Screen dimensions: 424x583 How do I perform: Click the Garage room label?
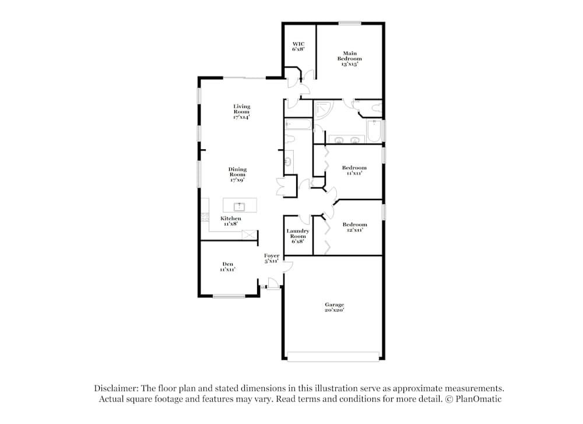coord(334,307)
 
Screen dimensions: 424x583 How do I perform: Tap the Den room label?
coord(227,267)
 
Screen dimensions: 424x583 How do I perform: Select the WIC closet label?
coord(298,47)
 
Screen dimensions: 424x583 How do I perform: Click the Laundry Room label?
coord(297,236)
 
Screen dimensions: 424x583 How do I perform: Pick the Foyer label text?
coord(271,258)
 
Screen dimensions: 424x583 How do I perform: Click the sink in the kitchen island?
coord(238,206)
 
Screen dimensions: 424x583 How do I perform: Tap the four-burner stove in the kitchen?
coord(205,216)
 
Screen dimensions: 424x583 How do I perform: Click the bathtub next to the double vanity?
coord(374,131)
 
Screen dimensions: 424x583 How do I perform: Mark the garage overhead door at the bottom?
coord(333,356)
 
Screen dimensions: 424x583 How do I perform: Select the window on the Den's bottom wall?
coord(229,296)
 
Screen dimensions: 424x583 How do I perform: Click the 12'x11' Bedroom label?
coord(354,227)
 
